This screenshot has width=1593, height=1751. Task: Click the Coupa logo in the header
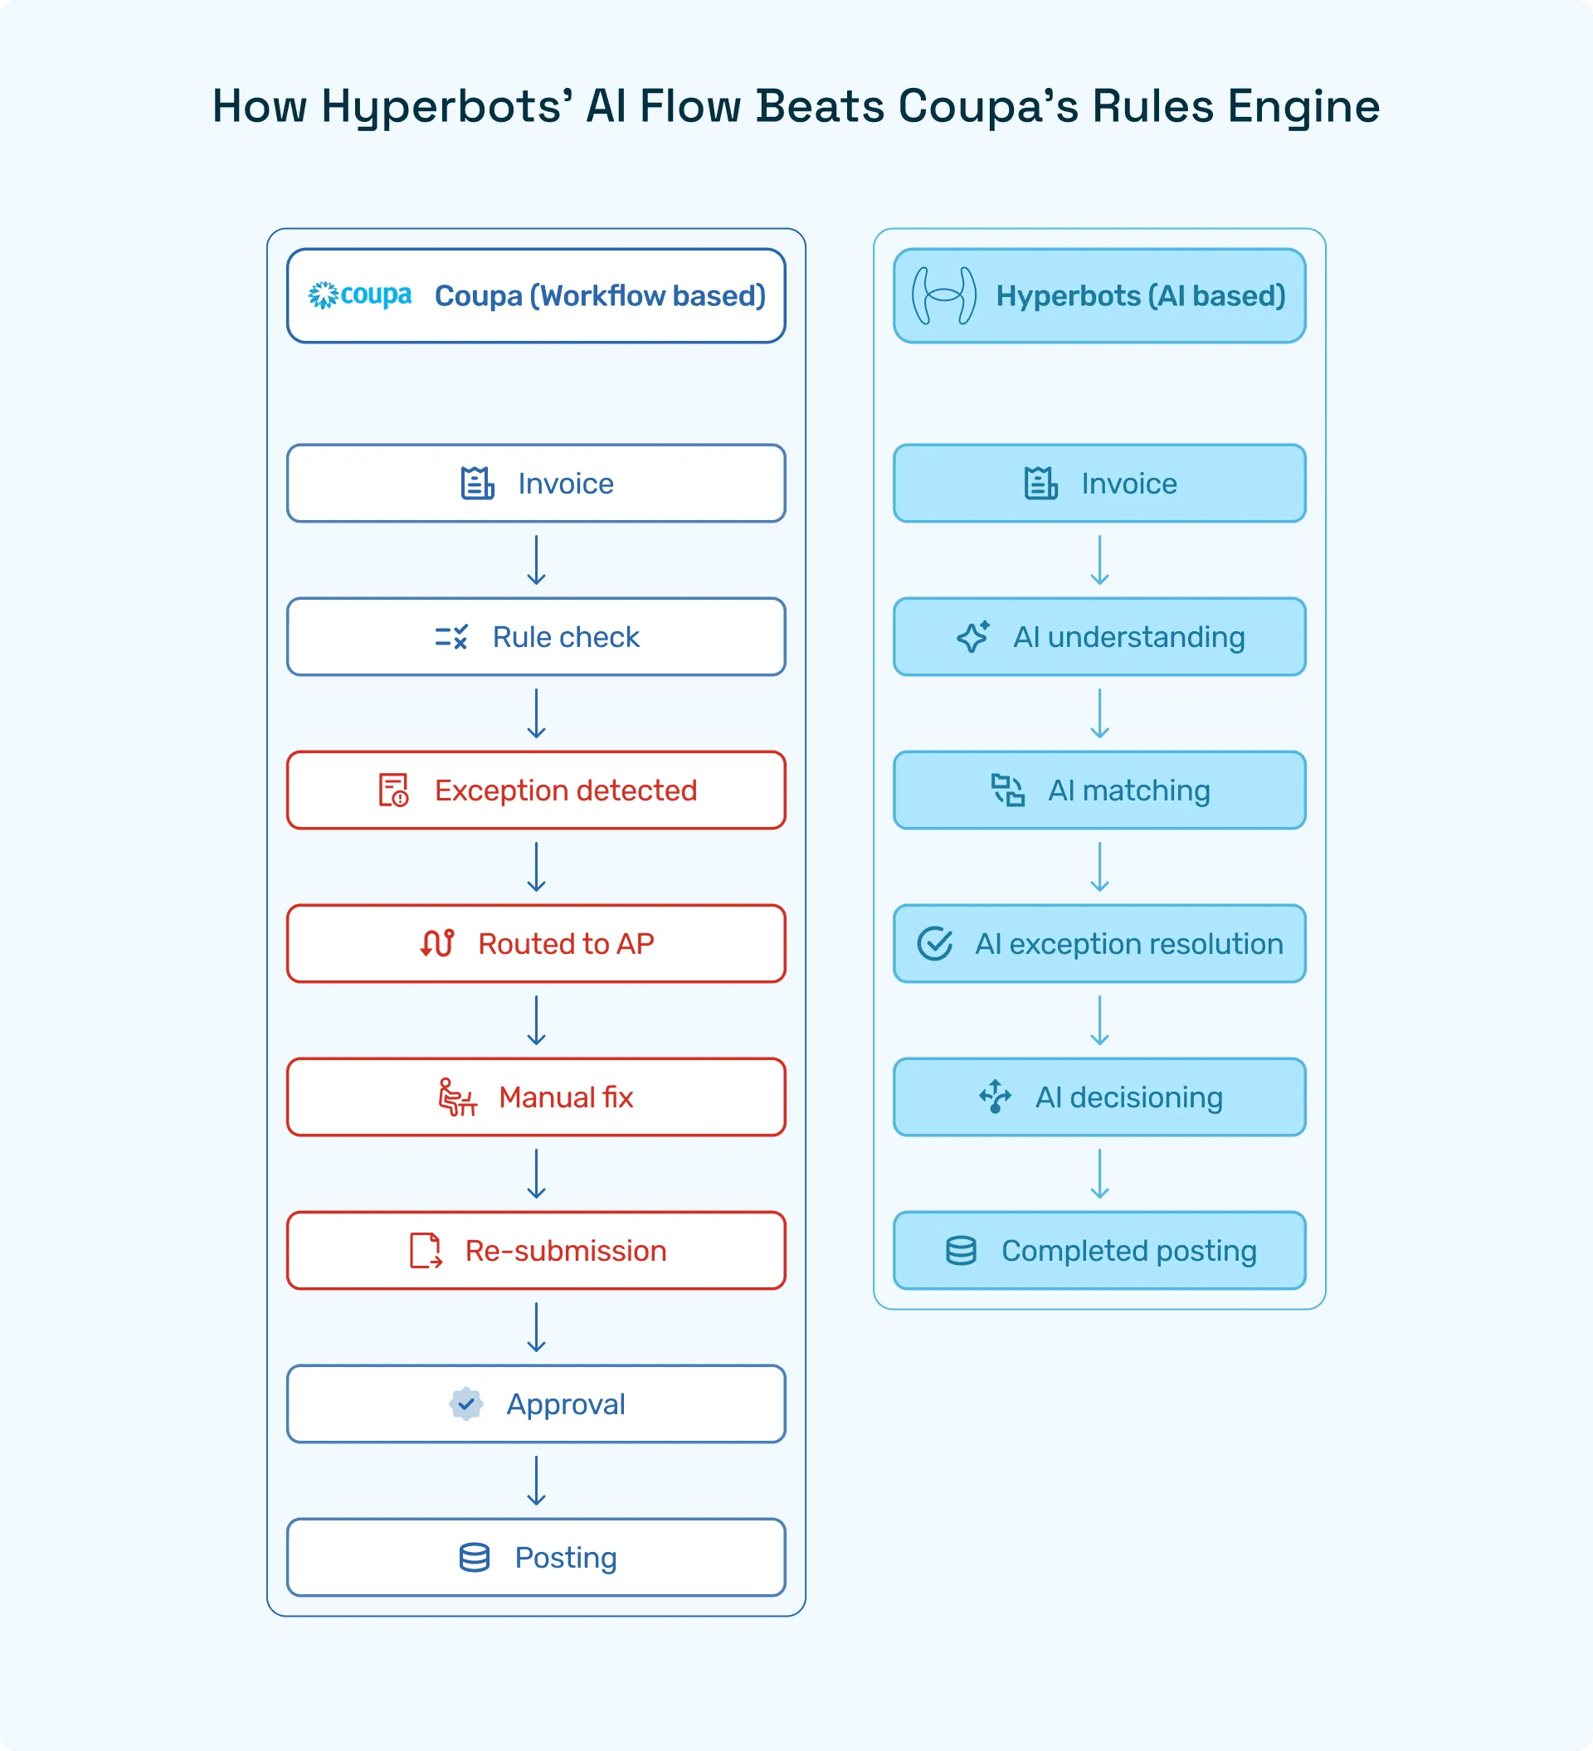pyautogui.click(x=359, y=295)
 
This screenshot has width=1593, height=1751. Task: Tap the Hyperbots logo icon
pyautogui.click(x=943, y=295)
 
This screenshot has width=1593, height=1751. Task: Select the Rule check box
pyautogui.click(x=536, y=637)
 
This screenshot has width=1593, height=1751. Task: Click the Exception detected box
pyautogui.click(x=536, y=790)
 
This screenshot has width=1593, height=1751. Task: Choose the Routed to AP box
pyautogui.click(x=536, y=943)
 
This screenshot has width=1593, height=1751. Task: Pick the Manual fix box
pyautogui.click(x=536, y=1097)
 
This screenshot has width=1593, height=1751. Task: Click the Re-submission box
pyautogui.click(x=536, y=1251)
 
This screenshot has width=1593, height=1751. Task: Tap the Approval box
pyautogui.click(x=536, y=1403)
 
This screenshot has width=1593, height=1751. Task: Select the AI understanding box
pyautogui.click(x=1099, y=637)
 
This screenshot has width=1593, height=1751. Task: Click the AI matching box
pyautogui.click(x=1099, y=790)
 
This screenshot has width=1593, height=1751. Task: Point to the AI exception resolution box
pyautogui.click(x=1099, y=943)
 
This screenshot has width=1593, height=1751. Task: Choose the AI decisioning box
pyautogui.click(x=1099, y=1097)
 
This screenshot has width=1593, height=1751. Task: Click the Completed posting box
pyautogui.click(x=1099, y=1251)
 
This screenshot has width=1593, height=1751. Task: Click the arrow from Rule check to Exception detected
pyautogui.click(x=537, y=714)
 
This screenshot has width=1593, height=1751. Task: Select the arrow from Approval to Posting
pyautogui.click(x=537, y=1481)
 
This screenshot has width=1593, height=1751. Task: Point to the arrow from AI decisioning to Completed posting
pyautogui.click(x=1099, y=1175)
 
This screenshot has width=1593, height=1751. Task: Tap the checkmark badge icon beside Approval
pyautogui.click(x=466, y=1403)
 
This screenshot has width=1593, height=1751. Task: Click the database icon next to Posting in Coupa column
pyautogui.click(x=475, y=1557)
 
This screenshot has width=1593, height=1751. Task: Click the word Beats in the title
pyautogui.click(x=820, y=106)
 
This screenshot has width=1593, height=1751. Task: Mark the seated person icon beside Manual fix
pyautogui.click(x=457, y=1097)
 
